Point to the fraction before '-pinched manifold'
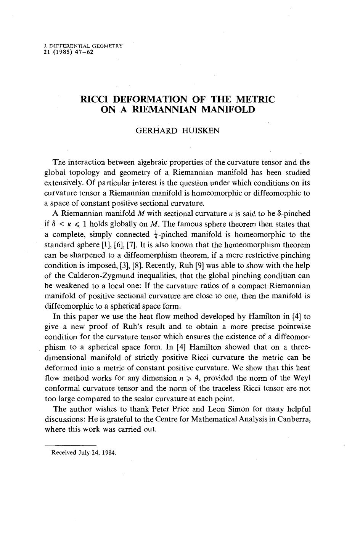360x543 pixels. click(152, 235)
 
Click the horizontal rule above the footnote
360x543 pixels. click(70, 445)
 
